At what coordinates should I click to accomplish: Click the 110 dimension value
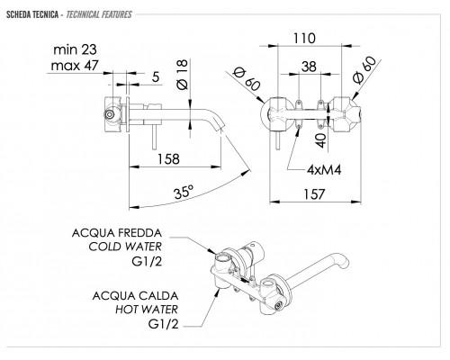[304, 39]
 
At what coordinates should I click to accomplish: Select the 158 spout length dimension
[168, 159]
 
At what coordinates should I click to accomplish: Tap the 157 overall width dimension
[314, 194]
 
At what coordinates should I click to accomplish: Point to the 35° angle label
[184, 192]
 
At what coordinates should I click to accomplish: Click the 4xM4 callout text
[324, 170]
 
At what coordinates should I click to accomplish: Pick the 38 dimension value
[309, 67]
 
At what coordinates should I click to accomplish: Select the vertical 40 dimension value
[321, 140]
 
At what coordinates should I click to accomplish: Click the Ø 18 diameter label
[183, 75]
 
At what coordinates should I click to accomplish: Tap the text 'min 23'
[75, 49]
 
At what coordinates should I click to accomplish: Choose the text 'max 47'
[75, 66]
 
